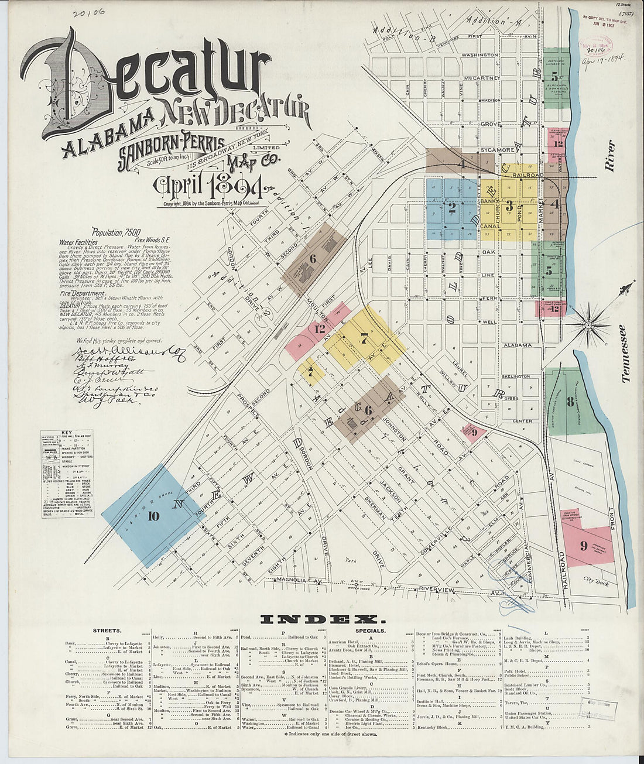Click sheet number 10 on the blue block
point(153,516)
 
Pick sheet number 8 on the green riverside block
point(569,402)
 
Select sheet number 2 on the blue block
point(451,206)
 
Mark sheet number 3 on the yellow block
point(509,205)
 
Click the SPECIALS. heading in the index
point(369,631)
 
